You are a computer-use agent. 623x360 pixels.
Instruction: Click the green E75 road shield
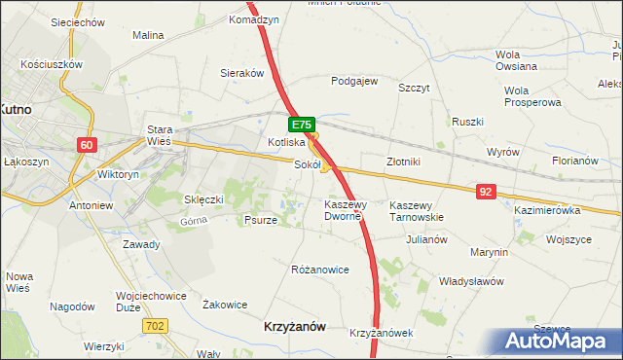301,125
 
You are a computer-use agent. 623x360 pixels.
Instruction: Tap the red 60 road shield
88,145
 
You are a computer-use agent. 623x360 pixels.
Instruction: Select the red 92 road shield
487,192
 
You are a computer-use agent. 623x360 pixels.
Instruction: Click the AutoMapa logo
559,342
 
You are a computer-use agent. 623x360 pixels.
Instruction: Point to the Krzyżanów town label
295,328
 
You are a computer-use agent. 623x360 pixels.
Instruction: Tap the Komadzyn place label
254,19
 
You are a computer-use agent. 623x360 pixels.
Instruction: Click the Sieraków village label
242,73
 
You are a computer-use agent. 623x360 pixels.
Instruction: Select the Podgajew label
354,82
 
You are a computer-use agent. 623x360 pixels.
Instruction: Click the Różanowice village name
320,270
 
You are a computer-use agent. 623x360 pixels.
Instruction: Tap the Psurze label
260,220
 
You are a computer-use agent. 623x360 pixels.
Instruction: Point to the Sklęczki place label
204,199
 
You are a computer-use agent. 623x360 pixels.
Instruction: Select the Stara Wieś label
159,135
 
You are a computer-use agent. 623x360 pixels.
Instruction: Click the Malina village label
148,35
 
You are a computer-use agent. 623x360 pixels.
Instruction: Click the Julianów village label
426,238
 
